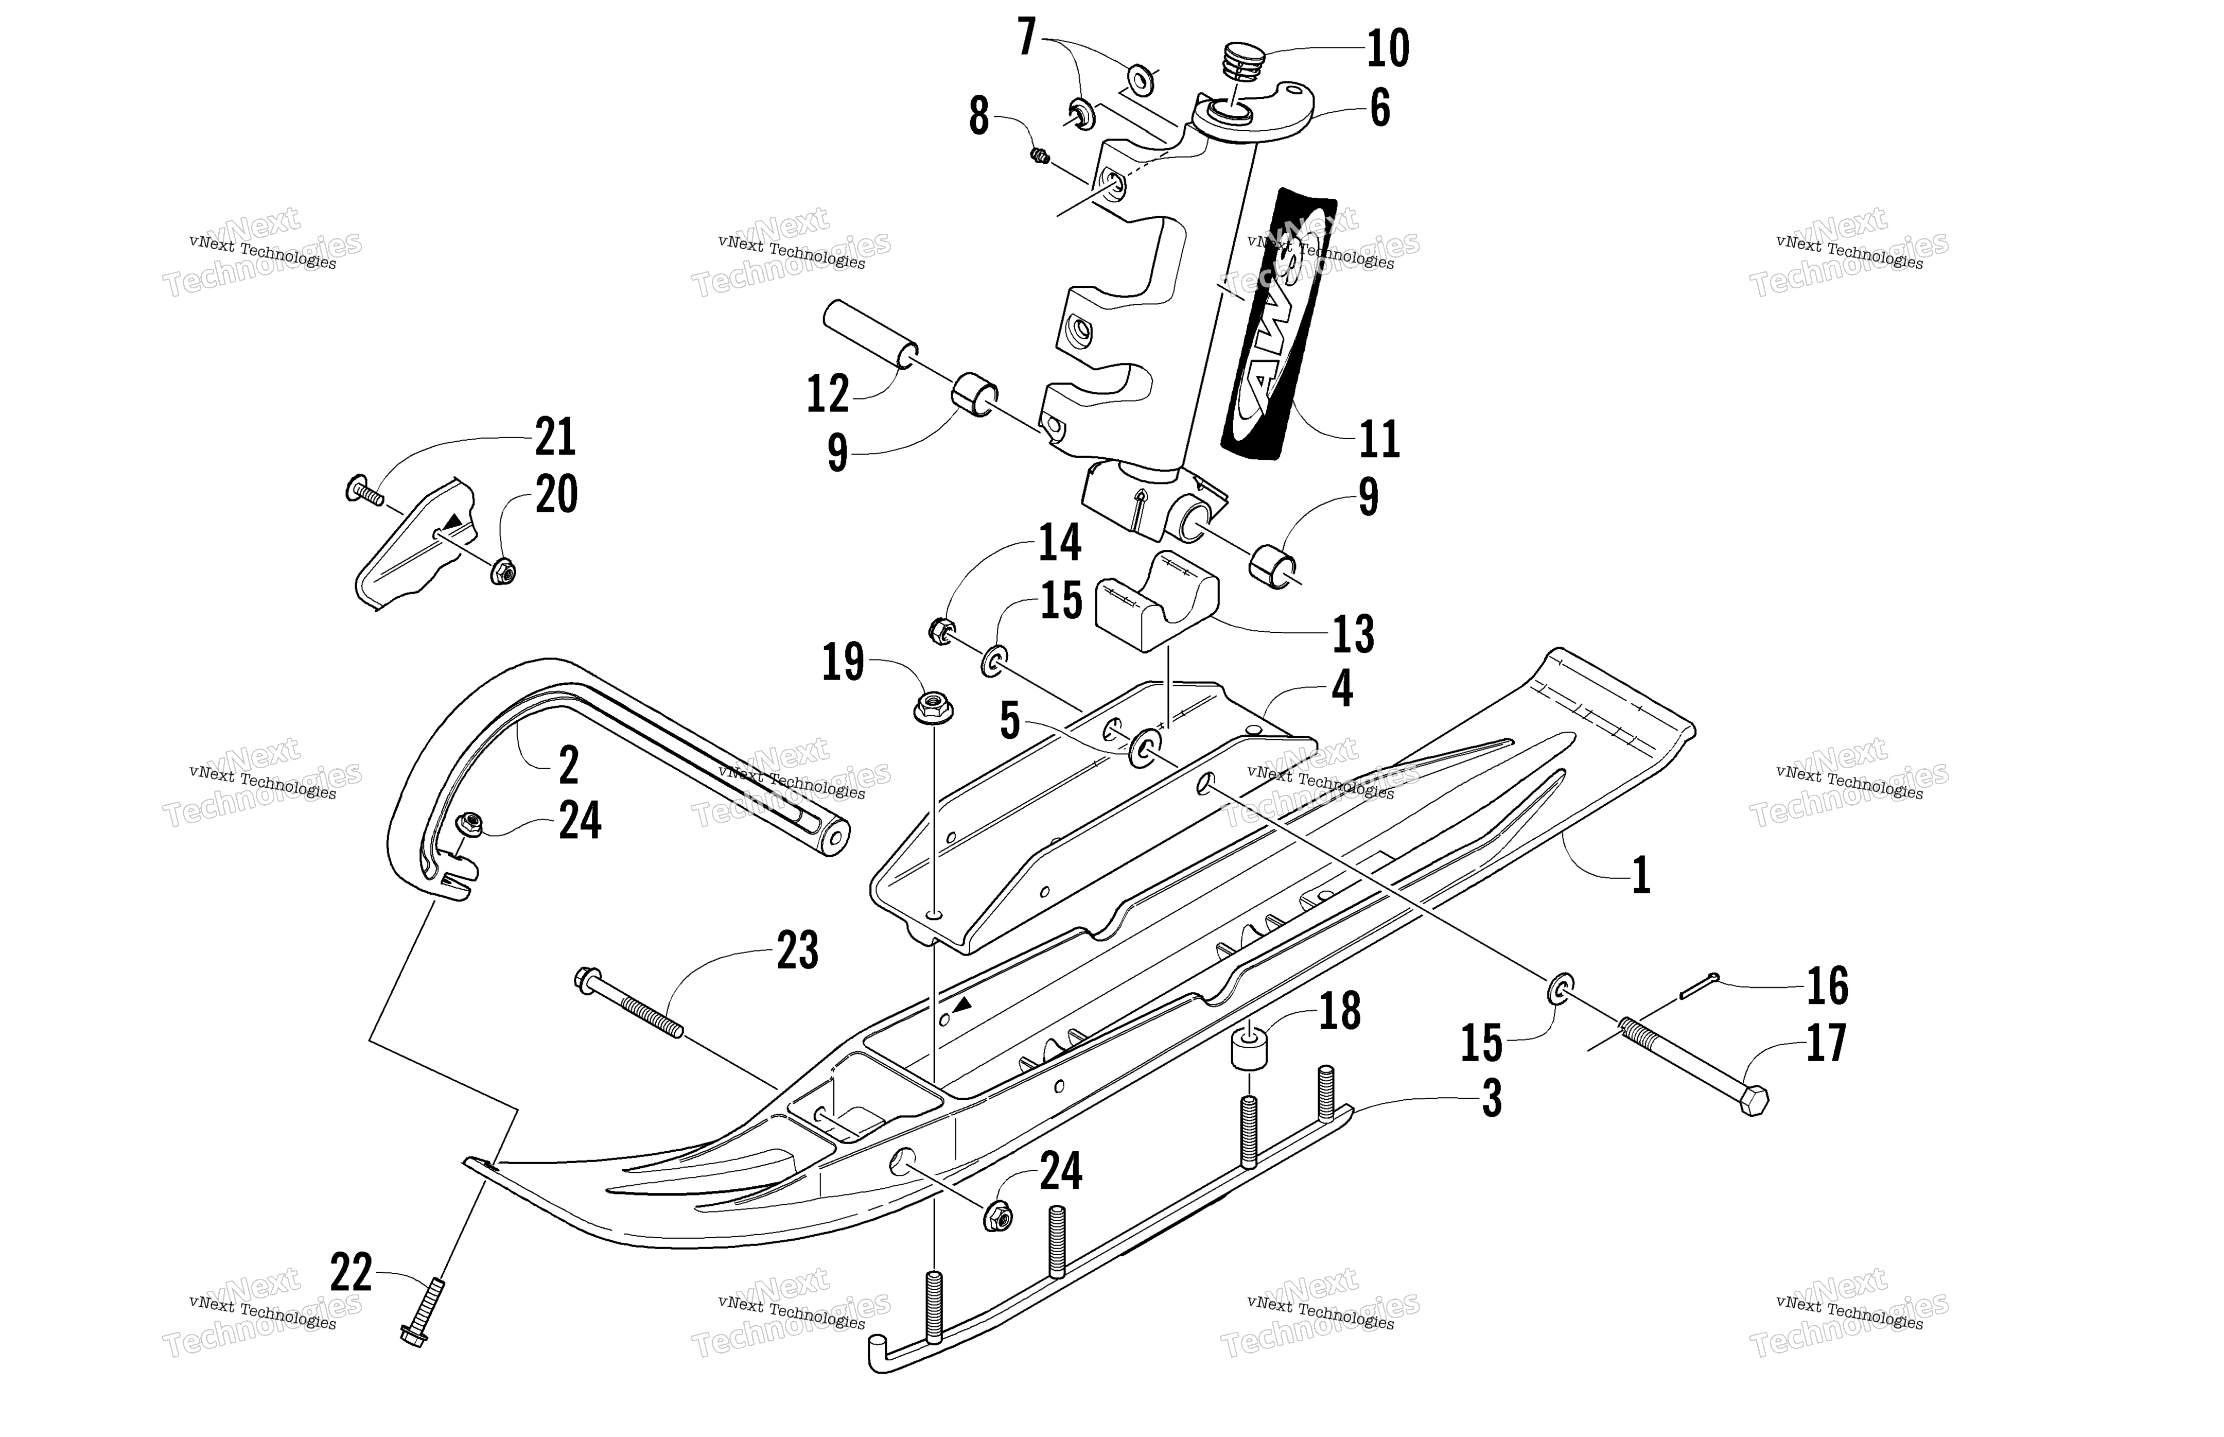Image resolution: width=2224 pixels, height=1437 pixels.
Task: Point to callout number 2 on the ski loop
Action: (x=569, y=765)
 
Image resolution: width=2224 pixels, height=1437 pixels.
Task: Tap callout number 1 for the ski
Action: (x=1641, y=875)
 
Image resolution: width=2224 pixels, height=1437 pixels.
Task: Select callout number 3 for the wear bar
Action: (x=1492, y=1099)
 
